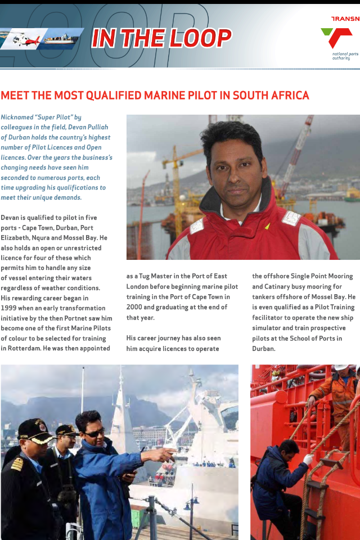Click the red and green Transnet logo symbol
tap(336, 38)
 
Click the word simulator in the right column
tap(269, 327)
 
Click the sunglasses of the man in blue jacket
tap(94, 433)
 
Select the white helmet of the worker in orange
tap(341, 367)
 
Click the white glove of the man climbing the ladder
tap(308, 459)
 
